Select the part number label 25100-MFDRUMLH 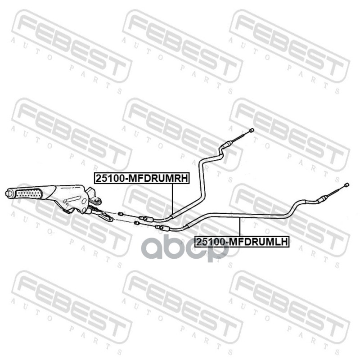pyautogui.click(x=242, y=242)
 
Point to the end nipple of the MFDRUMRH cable pyautogui.click(x=251, y=130)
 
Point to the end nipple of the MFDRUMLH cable pyautogui.click(x=346, y=184)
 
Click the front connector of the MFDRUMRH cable pyautogui.click(x=146, y=219)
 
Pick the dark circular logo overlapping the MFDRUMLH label pyautogui.click(x=211, y=250)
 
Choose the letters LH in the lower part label pyautogui.click(x=281, y=242)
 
